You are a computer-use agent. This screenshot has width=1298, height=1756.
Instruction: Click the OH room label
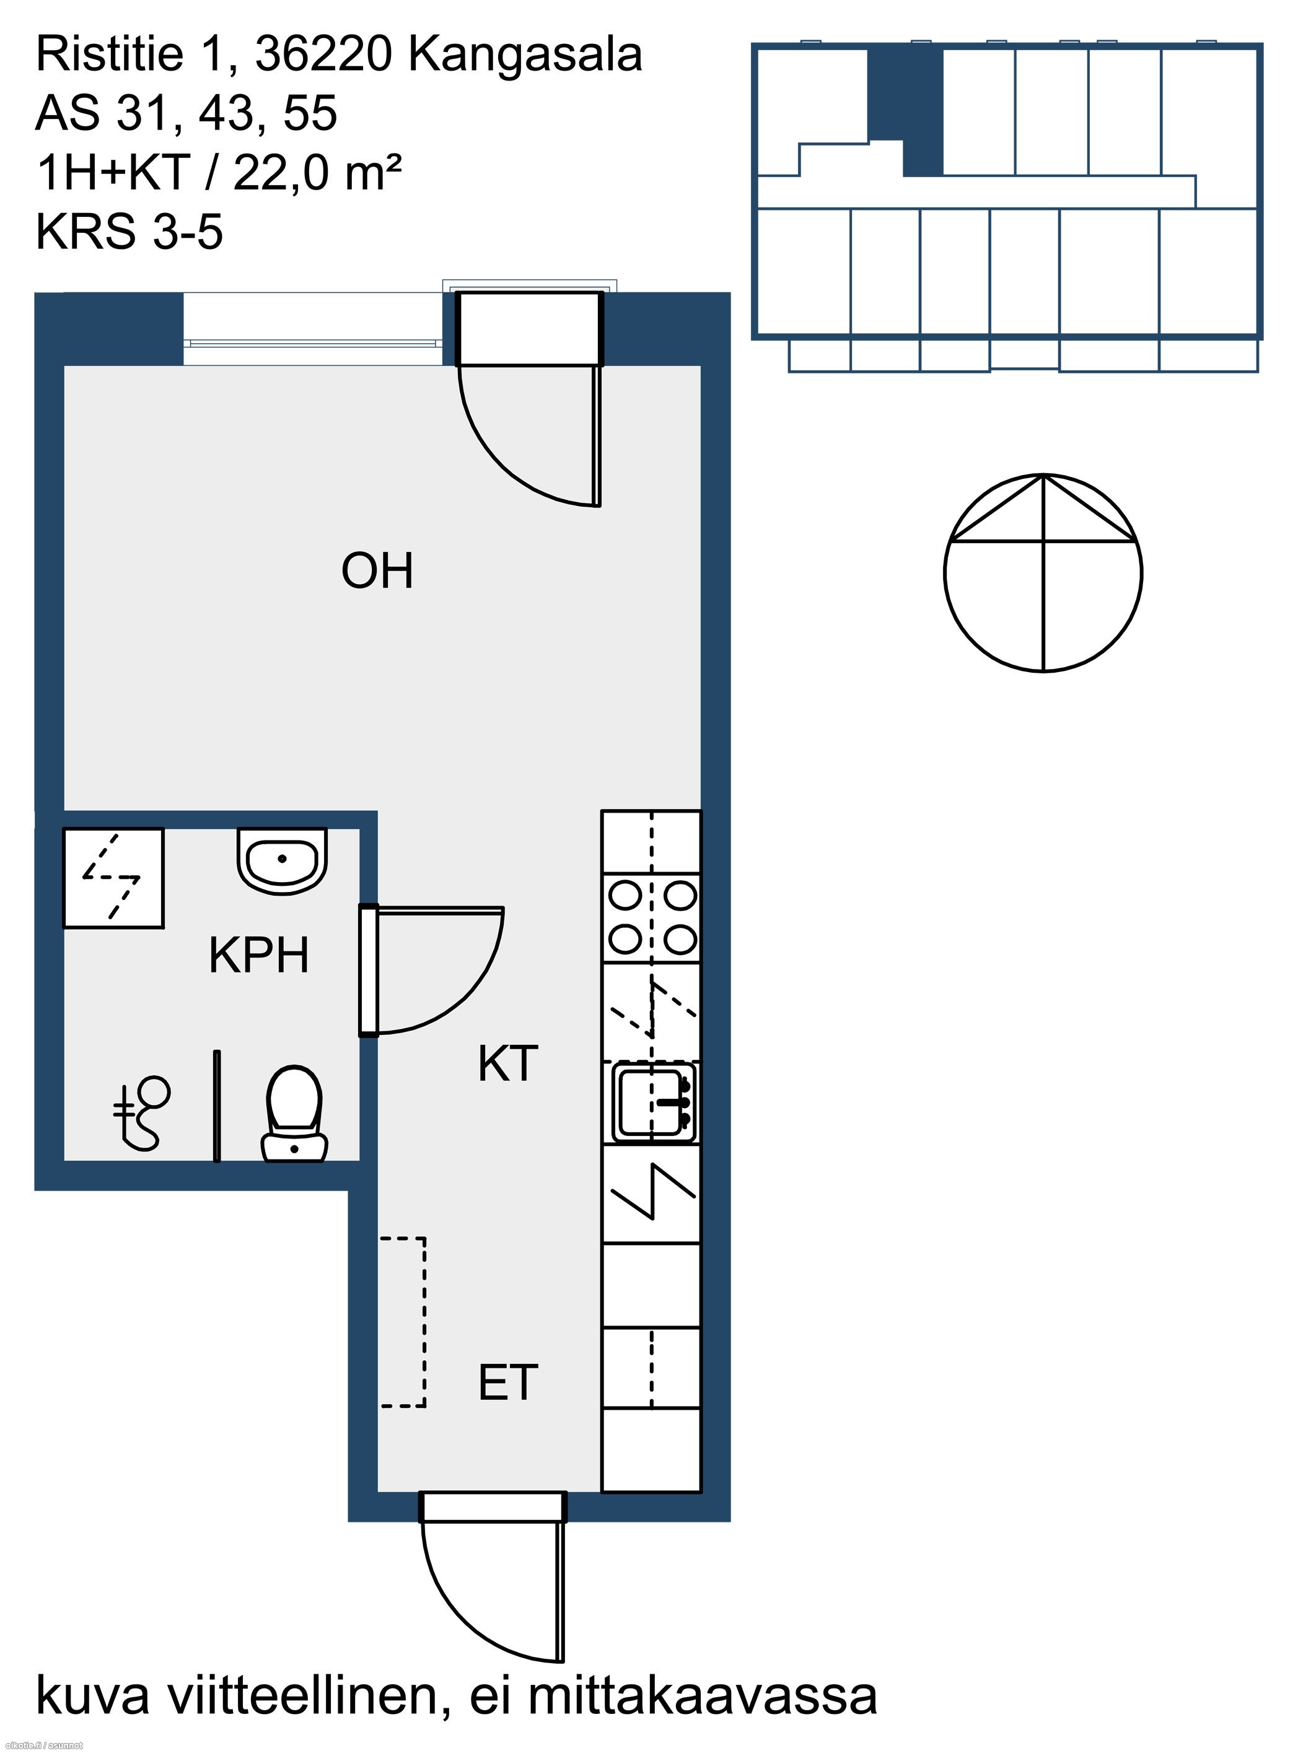(377, 571)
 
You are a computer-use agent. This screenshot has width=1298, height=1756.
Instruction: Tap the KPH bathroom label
(258, 956)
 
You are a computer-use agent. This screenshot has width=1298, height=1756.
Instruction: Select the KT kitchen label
(507, 1064)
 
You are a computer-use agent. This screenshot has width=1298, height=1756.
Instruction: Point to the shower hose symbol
(143, 1114)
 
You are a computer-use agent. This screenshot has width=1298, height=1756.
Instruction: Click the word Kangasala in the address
(525, 55)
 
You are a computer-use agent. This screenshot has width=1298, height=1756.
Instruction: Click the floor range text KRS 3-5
(129, 232)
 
